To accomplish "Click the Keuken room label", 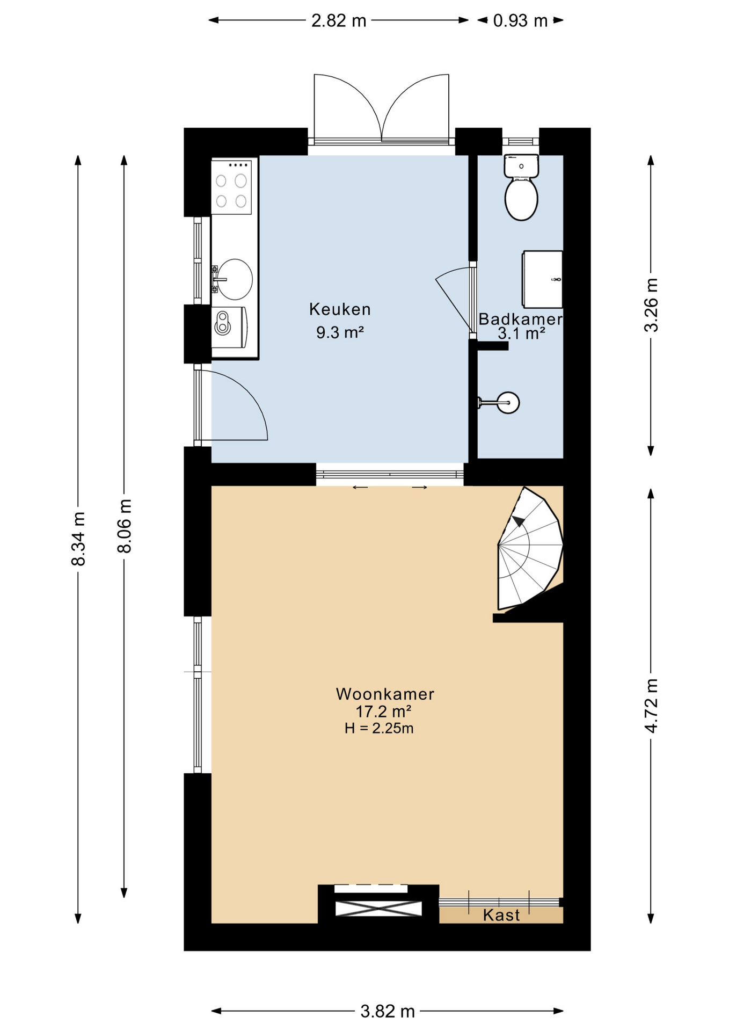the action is click(x=340, y=309).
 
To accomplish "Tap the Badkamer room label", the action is click(x=520, y=319).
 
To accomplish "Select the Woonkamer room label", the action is click(x=385, y=694).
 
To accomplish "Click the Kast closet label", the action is click(x=501, y=915).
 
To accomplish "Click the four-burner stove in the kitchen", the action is click(x=231, y=187).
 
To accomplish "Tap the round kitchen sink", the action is click(x=234, y=279).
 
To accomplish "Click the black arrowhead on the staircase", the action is click(x=519, y=521).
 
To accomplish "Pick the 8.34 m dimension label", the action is click(x=78, y=539).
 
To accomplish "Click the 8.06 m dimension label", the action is click(x=124, y=526).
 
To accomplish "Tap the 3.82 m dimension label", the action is click(x=388, y=1012).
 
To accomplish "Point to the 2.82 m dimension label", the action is click(x=339, y=20).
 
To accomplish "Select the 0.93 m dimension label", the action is click(x=520, y=20).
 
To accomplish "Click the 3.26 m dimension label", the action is click(x=651, y=305).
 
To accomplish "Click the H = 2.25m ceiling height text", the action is click(x=379, y=728).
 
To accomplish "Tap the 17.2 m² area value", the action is click(x=383, y=711).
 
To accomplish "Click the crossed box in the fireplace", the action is click(x=378, y=909).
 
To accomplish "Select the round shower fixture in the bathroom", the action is click(x=507, y=403).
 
